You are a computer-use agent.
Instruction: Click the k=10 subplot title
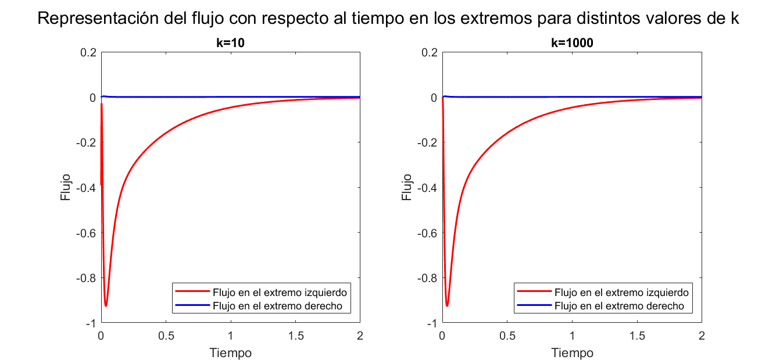coord(230,42)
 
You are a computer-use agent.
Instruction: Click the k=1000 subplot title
coord(571,42)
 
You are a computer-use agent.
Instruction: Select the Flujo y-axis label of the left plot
coord(65,187)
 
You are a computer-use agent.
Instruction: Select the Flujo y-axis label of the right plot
coord(407,187)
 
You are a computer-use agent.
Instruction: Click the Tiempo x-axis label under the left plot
coord(230,352)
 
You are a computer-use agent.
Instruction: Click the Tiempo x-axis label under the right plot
coord(572,352)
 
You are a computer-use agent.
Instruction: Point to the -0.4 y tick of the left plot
coord(85,187)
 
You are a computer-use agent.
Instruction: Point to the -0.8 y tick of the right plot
coord(427,277)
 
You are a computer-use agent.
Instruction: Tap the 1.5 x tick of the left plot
coord(295,336)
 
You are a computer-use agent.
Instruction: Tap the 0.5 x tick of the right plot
coord(507,336)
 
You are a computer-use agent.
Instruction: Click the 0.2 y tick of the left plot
coord(88,52)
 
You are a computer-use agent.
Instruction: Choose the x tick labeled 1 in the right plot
coord(573,336)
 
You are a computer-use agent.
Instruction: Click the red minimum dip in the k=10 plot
coord(106,305)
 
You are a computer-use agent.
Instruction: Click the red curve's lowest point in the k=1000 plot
coord(447,305)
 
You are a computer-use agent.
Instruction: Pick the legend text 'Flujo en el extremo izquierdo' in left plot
coord(280,292)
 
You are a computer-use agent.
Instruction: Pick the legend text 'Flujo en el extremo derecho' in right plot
coord(620,306)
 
